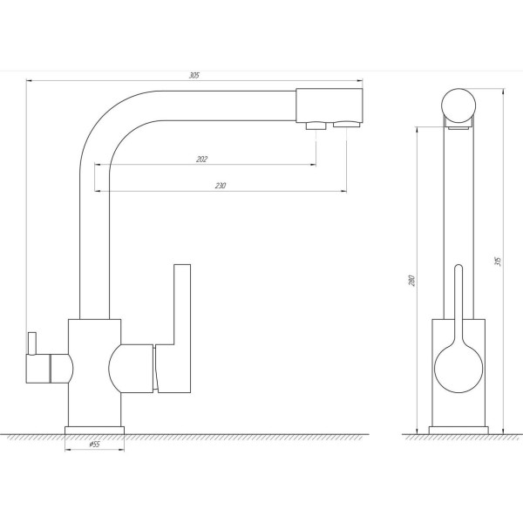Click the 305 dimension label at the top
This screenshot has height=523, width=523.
click(194, 76)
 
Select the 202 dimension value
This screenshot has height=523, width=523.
click(202, 159)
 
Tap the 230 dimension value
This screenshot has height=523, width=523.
click(221, 186)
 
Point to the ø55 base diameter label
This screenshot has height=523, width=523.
click(94, 445)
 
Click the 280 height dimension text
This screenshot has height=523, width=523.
click(411, 279)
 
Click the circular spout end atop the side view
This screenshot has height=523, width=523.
click(459, 106)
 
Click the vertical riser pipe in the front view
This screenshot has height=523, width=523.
click(94, 244)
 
